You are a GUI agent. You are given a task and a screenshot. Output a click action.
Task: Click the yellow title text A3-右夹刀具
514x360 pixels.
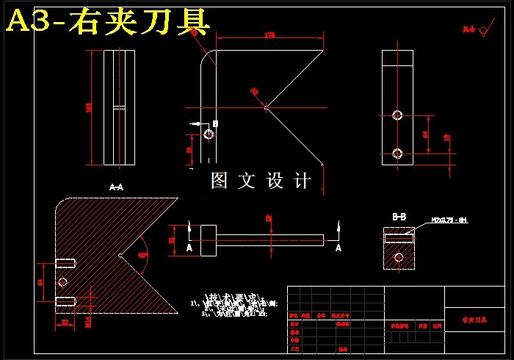(108, 21)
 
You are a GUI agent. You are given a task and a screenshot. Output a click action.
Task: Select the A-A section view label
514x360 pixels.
(116, 187)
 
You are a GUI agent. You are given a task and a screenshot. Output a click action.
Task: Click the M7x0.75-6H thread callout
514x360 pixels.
(449, 220)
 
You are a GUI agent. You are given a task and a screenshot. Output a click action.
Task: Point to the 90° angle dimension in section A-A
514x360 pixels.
(142, 255)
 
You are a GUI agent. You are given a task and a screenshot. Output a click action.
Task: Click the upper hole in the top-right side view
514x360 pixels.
(398, 115)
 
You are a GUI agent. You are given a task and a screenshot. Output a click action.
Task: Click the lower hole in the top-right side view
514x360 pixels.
(398, 154)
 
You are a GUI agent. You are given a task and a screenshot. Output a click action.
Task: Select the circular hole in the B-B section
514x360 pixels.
(399, 257)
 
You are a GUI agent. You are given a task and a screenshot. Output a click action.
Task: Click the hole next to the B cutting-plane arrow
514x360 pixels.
(209, 135)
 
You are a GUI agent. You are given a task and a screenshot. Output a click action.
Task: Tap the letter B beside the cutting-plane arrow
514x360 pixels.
(215, 123)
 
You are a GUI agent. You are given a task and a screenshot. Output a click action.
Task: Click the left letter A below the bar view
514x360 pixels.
(189, 248)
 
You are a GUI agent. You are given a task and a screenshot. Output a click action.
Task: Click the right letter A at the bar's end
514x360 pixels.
(339, 248)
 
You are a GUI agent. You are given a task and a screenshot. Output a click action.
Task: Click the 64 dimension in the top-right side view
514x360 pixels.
(426, 134)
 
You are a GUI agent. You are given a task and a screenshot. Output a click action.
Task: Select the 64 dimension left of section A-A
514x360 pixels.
(40, 281)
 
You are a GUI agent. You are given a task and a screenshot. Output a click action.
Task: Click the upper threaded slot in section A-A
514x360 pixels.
(66, 264)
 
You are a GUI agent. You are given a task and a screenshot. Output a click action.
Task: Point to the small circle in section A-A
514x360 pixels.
(62, 282)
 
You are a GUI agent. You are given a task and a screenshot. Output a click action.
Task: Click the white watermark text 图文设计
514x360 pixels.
(261, 181)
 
